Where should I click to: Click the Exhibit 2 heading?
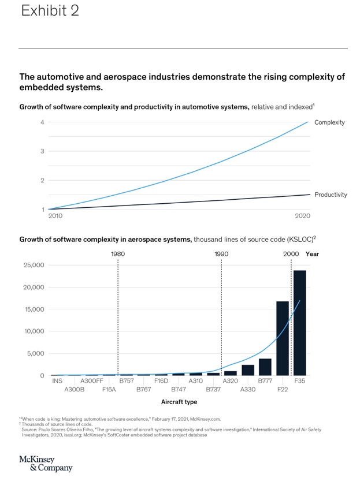[50, 11]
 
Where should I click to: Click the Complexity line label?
[329, 122]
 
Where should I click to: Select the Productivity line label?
[331, 195]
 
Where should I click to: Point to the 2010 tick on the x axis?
[56, 216]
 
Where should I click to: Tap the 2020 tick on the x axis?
[302, 216]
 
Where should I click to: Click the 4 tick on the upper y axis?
[42, 122]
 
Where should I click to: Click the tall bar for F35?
[299, 323]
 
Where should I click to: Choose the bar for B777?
[265, 367]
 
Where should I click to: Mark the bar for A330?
[248, 370]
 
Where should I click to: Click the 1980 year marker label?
[118, 254]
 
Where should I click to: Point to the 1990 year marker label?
[221, 254]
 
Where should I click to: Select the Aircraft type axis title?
[179, 402]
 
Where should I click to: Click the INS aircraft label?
[57, 381]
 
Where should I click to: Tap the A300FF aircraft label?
[92, 381]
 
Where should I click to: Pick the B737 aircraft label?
[213, 390]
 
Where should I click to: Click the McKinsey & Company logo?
[46, 463]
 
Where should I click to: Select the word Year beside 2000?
[312, 254]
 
